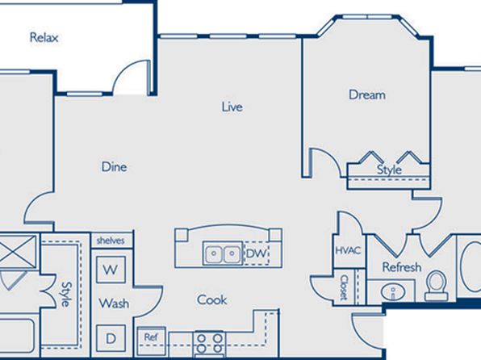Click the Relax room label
44,37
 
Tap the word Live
232,107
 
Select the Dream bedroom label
367,94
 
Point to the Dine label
114,166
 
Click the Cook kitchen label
212,299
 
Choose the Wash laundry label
114,303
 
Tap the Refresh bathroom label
402,267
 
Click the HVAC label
348,251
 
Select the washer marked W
111,270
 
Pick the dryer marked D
111,338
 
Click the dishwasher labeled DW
256,253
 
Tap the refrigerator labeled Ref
151,341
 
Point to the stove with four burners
210,344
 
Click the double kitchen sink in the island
223,253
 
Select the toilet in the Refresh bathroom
437,286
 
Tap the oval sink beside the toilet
393,291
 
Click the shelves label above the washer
111,241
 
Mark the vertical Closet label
344,287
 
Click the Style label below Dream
389,170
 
